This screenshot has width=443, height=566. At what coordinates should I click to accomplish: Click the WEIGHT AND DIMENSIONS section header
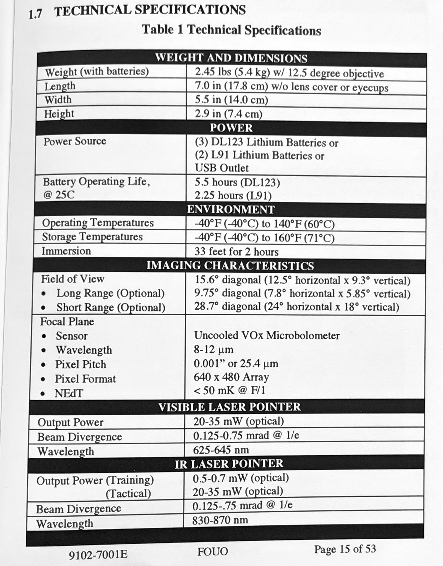pyautogui.click(x=231, y=58)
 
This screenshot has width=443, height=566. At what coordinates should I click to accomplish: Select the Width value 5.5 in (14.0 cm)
pyautogui.click(x=231, y=100)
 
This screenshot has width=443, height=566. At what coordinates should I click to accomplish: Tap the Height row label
pyautogui.click(x=59, y=114)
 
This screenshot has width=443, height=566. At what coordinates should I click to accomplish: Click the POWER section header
pyautogui.click(x=231, y=128)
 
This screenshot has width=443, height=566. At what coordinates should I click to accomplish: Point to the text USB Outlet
pyautogui.click(x=222, y=168)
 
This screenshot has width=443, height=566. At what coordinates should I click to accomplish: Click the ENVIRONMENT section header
pyautogui.click(x=231, y=209)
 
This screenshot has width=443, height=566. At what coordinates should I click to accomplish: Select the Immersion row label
pyautogui.click(x=66, y=251)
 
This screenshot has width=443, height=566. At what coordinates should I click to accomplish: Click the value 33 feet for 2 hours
pyautogui.click(x=236, y=252)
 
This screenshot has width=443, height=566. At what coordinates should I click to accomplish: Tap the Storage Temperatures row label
pyautogui.click(x=92, y=237)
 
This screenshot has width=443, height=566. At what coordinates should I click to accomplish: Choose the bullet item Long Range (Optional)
pyautogui.click(x=110, y=293)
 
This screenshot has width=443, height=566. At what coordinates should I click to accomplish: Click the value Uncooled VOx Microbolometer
pyautogui.click(x=267, y=336)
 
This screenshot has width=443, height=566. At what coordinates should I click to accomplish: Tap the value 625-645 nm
pyautogui.click(x=221, y=450)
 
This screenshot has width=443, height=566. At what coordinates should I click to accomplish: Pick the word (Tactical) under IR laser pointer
pyautogui.click(x=128, y=493)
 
